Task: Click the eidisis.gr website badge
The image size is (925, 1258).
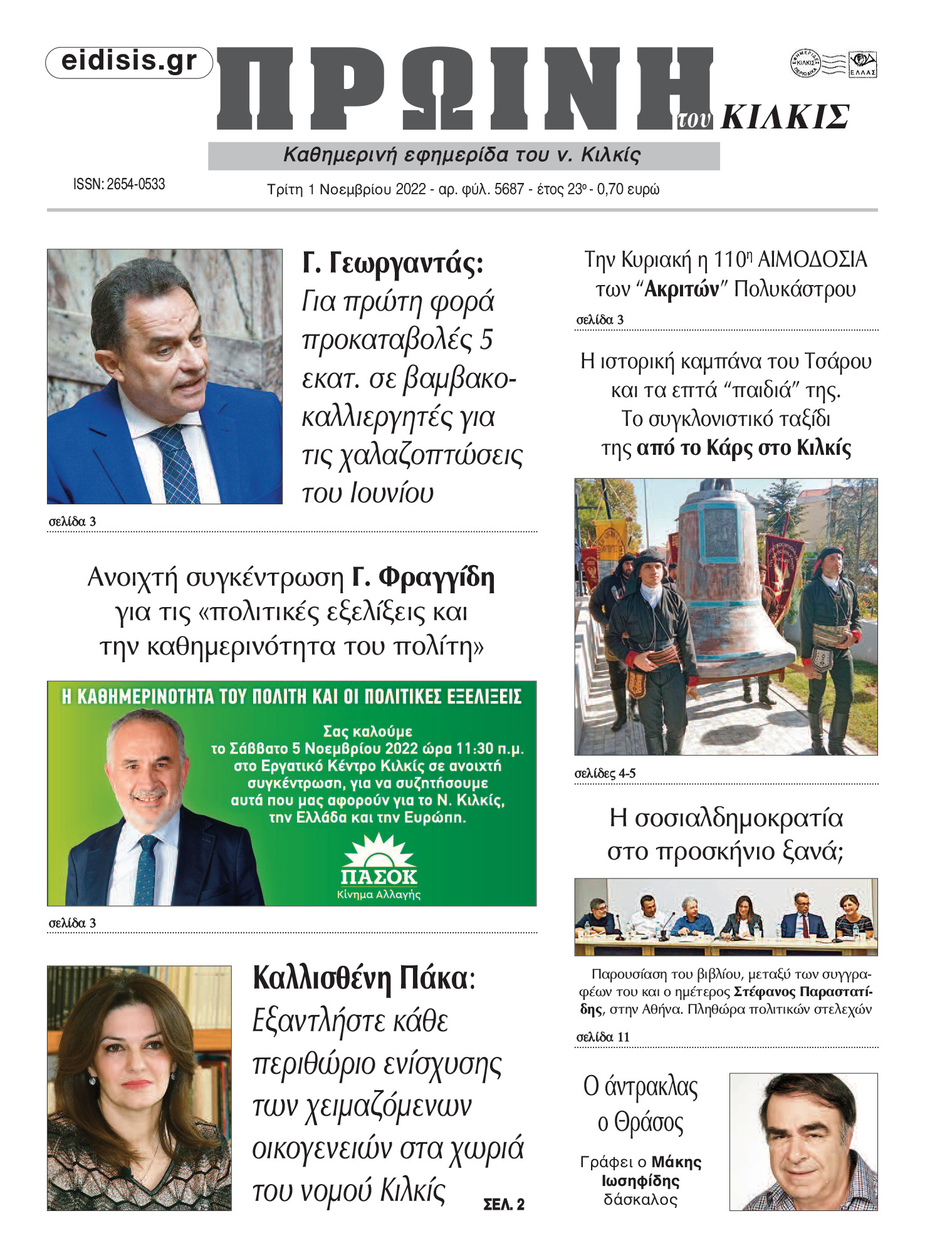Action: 129,62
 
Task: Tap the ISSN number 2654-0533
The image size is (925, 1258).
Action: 135,184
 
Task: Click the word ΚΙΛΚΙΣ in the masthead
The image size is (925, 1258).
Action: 785,117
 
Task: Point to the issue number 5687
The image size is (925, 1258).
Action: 508,189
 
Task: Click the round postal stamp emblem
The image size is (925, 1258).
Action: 805,63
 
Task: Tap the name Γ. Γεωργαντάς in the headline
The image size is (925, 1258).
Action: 393,263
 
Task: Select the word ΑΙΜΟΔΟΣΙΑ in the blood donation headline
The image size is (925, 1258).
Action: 812,259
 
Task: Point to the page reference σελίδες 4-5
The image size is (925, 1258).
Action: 605,773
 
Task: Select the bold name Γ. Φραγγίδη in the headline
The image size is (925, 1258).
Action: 423,578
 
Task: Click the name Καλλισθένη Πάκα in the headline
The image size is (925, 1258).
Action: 360,978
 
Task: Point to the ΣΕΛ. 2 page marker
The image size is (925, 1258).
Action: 504,1204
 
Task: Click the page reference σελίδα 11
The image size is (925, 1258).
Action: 602,1037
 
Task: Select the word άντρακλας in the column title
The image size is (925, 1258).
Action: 651,1087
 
